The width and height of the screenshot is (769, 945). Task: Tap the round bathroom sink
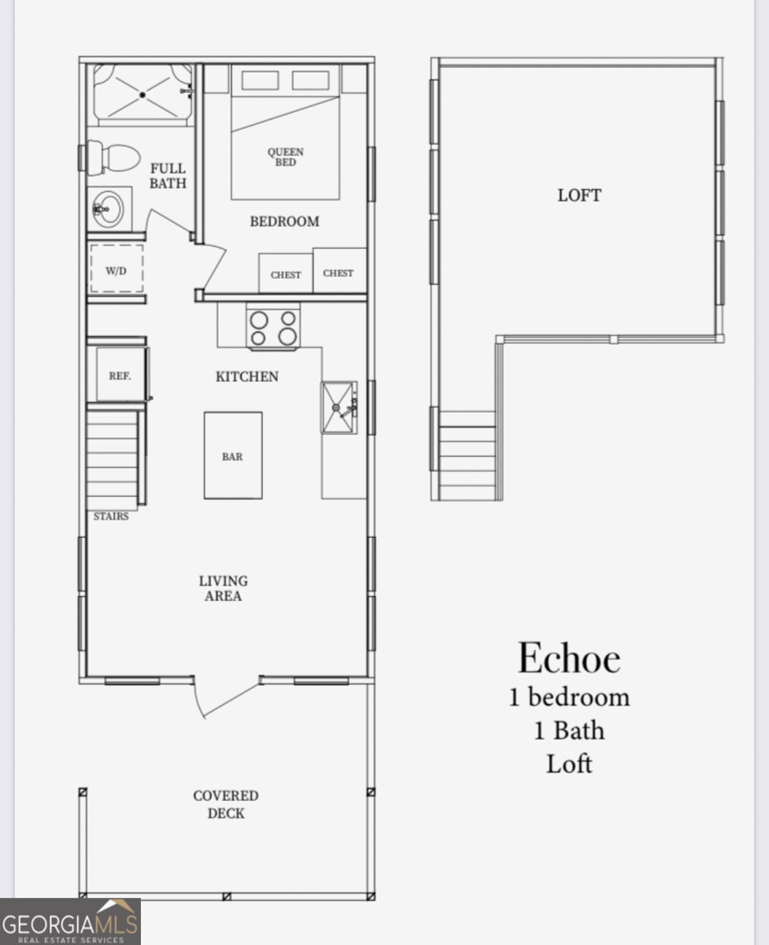tap(109, 209)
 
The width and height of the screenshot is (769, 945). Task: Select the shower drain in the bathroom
tap(142, 94)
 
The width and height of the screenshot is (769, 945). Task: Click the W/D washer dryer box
tap(116, 269)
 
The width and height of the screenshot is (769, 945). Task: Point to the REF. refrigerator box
tap(120, 376)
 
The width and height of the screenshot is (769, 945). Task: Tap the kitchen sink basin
tap(338, 408)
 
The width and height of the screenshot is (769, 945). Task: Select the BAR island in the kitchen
tap(233, 455)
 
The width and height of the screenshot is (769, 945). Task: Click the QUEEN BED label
tap(285, 157)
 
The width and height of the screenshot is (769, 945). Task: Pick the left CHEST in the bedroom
tap(286, 274)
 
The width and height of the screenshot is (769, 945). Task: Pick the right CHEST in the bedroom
tap(339, 271)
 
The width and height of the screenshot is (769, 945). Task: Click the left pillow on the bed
tap(259, 80)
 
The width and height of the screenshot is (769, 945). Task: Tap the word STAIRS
tap(111, 517)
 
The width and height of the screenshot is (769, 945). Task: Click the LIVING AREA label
tap(224, 588)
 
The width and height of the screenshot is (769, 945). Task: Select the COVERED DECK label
tap(226, 804)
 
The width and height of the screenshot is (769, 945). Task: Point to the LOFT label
tap(579, 195)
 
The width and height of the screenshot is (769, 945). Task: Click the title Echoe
tap(569, 658)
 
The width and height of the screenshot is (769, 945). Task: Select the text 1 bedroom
tap(569, 697)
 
